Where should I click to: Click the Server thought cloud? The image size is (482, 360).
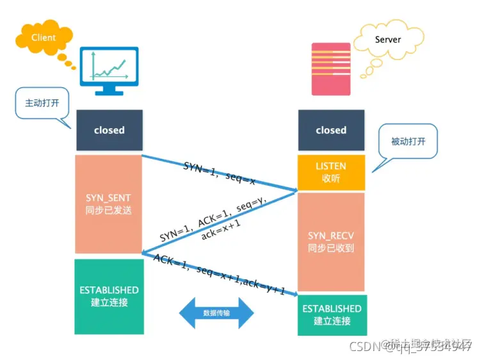point(387,40)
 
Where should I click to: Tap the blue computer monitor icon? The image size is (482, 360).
point(108,70)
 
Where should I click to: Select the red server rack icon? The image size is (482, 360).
point(331,69)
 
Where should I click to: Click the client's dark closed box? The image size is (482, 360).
point(109,130)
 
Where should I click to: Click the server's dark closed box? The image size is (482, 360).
point(331,130)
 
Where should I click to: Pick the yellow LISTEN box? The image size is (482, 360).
point(331,172)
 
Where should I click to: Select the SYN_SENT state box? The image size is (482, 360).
point(109,204)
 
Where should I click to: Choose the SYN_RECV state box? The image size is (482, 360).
point(331,242)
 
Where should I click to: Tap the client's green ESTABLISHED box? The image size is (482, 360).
point(109,295)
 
